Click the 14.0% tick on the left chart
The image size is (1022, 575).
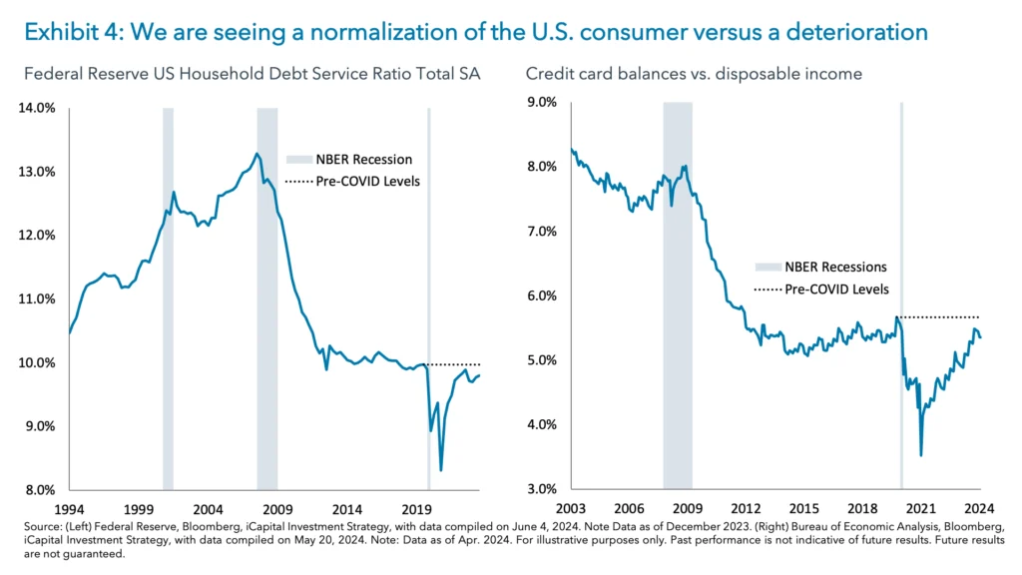(36, 108)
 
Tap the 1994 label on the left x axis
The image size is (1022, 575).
(70, 508)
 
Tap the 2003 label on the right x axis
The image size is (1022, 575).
(571, 508)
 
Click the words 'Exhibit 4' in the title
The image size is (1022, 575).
(66, 32)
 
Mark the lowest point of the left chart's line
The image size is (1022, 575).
(440, 470)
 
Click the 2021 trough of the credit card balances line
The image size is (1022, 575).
(920, 455)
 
